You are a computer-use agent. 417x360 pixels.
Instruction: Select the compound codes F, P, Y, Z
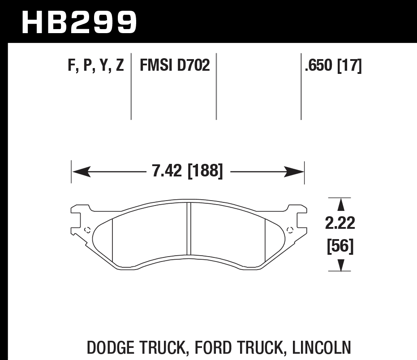point(96,66)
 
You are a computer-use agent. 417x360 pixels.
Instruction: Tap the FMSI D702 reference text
point(175,66)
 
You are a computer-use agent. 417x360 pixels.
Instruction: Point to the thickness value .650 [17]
point(333,66)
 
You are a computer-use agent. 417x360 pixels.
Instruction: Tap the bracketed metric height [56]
point(341,246)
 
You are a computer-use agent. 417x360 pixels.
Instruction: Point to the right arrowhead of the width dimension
point(297,171)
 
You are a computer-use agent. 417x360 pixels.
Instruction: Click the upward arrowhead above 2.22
point(341,205)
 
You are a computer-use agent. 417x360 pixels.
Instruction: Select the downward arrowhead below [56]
point(341,265)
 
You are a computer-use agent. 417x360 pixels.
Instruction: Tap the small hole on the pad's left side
point(87,230)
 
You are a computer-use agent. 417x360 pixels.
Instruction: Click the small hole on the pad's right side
point(289,230)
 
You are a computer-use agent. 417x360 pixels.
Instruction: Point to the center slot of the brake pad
point(189,228)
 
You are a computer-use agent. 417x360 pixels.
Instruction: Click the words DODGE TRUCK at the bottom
point(134,347)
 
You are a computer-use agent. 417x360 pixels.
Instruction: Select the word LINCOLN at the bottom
point(321,347)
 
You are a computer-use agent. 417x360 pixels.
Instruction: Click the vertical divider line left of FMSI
point(131,87)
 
